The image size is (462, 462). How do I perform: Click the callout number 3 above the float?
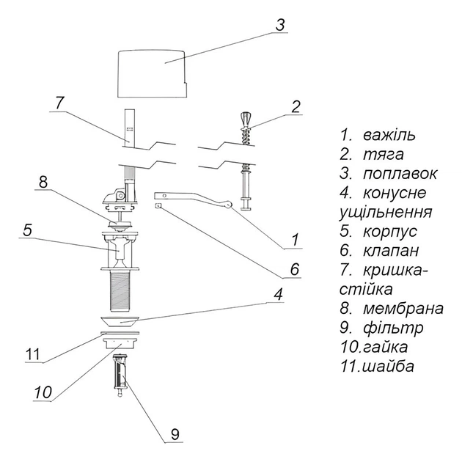[x=280, y=25]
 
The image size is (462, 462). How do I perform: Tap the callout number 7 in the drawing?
[x=59, y=103]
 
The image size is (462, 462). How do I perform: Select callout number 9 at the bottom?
[x=175, y=433]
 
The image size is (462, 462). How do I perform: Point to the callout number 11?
[x=33, y=354]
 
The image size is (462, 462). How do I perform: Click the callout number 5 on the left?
[x=27, y=230]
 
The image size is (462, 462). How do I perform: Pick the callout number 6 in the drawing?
[x=294, y=269]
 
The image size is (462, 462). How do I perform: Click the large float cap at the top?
[x=152, y=73]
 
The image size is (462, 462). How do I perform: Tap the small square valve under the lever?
[x=158, y=205]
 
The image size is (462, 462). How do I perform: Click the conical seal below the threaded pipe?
[x=120, y=321]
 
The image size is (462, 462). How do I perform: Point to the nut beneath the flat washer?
[x=120, y=343]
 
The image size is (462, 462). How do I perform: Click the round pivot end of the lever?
[x=227, y=205]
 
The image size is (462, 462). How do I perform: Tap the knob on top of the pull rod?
[x=246, y=119]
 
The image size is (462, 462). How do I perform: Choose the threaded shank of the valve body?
[x=120, y=291]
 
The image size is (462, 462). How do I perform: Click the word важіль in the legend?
[x=389, y=135]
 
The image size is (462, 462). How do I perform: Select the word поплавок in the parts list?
[x=400, y=175]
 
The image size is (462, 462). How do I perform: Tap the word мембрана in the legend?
[x=403, y=309]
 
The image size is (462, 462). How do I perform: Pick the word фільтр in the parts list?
[x=393, y=328]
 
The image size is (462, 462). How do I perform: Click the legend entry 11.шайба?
[x=378, y=366]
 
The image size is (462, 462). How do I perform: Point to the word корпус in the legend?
[x=390, y=232]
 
